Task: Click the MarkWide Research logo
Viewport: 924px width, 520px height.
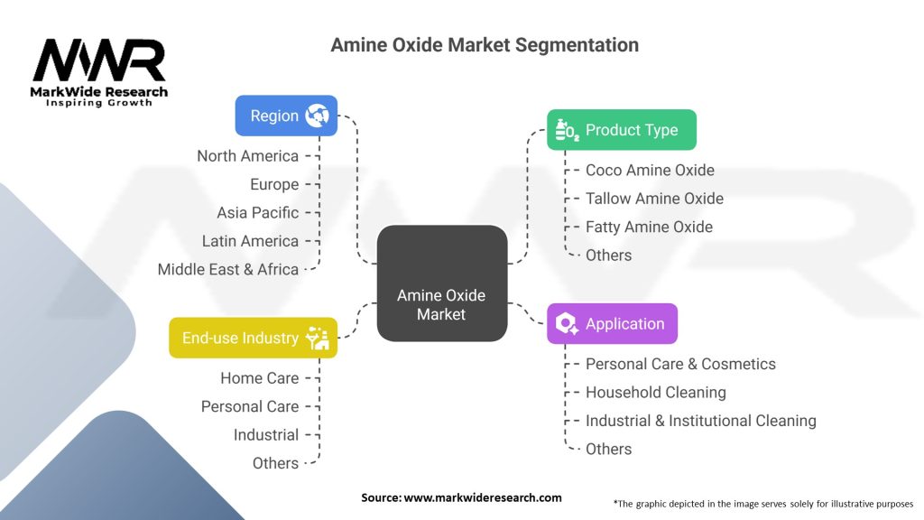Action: click(x=99, y=72)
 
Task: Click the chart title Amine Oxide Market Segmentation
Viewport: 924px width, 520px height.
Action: click(x=485, y=44)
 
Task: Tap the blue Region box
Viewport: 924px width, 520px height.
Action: click(x=286, y=116)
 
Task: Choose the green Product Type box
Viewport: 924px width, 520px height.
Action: click(x=621, y=130)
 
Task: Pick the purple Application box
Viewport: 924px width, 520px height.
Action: click(x=612, y=323)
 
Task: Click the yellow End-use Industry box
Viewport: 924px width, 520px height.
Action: click(x=253, y=338)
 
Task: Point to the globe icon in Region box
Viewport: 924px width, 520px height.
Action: click(x=317, y=116)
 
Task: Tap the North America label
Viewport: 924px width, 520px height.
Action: click(x=247, y=156)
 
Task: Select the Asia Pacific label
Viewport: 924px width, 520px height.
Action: click(x=257, y=213)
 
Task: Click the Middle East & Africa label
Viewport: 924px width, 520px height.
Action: click(x=227, y=269)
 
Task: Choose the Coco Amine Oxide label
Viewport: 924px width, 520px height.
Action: click(x=650, y=170)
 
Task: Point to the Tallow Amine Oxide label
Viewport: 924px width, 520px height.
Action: click(x=654, y=199)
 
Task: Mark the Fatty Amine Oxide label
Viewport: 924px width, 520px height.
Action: click(x=649, y=227)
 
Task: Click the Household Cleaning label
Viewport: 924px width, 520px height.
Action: click(x=655, y=392)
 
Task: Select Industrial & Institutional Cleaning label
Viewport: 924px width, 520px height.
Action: click(x=700, y=421)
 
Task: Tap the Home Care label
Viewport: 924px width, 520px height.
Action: click(x=259, y=378)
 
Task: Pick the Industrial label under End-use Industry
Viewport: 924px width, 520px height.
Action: click(x=265, y=435)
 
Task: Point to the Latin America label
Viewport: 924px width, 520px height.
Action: click(x=250, y=241)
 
